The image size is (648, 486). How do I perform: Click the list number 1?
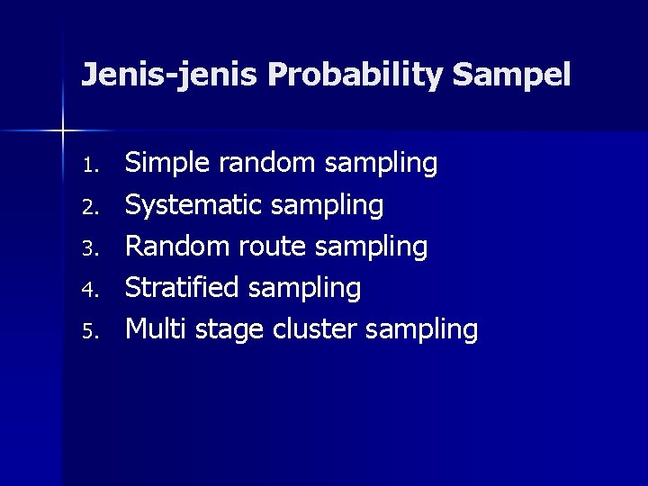(88, 166)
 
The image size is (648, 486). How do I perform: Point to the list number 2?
(88, 207)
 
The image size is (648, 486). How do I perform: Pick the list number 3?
(88, 248)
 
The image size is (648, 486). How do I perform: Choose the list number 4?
(88, 290)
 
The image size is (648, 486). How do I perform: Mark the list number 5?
(88, 331)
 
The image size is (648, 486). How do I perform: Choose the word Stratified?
(182, 288)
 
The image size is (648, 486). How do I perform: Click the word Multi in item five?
(151, 329)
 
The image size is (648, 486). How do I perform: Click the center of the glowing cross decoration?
(62, 131)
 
